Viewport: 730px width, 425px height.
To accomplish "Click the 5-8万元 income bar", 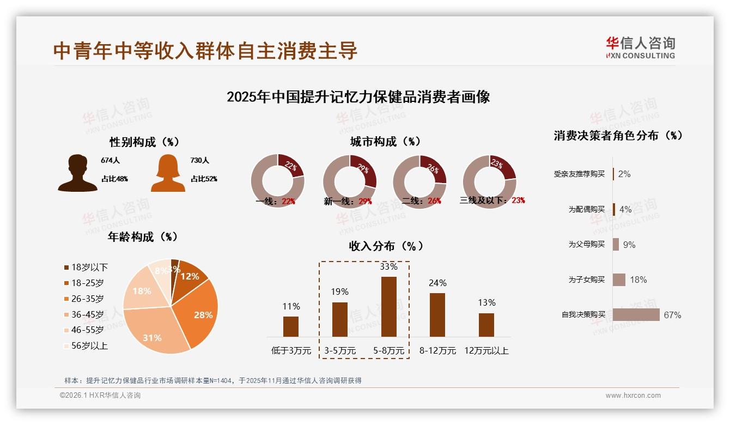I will (388, 307).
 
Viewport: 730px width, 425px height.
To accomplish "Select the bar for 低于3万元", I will (291, 326).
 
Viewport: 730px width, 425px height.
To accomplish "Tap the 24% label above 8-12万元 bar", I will (437, 283).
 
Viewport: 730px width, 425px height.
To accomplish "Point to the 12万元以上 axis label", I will (486, 351).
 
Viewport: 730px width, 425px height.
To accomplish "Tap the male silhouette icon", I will (77, 173).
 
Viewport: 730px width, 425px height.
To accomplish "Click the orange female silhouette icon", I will (168, 173).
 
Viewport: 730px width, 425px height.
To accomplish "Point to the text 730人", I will (199, 161).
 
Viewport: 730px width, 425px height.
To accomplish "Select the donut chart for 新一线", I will (350, 180).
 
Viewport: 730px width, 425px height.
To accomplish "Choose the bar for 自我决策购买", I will (636, 314).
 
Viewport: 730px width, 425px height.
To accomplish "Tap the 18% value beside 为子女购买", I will (638, 280).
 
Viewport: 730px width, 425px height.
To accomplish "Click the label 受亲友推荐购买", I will (579, 174).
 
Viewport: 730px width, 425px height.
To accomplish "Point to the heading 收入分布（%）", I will (386, 246).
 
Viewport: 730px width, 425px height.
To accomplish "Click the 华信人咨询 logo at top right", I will (640, 47).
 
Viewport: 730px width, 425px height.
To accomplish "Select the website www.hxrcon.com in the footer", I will (633, 396).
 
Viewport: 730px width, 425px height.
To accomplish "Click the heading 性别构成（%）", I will (144, 142).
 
